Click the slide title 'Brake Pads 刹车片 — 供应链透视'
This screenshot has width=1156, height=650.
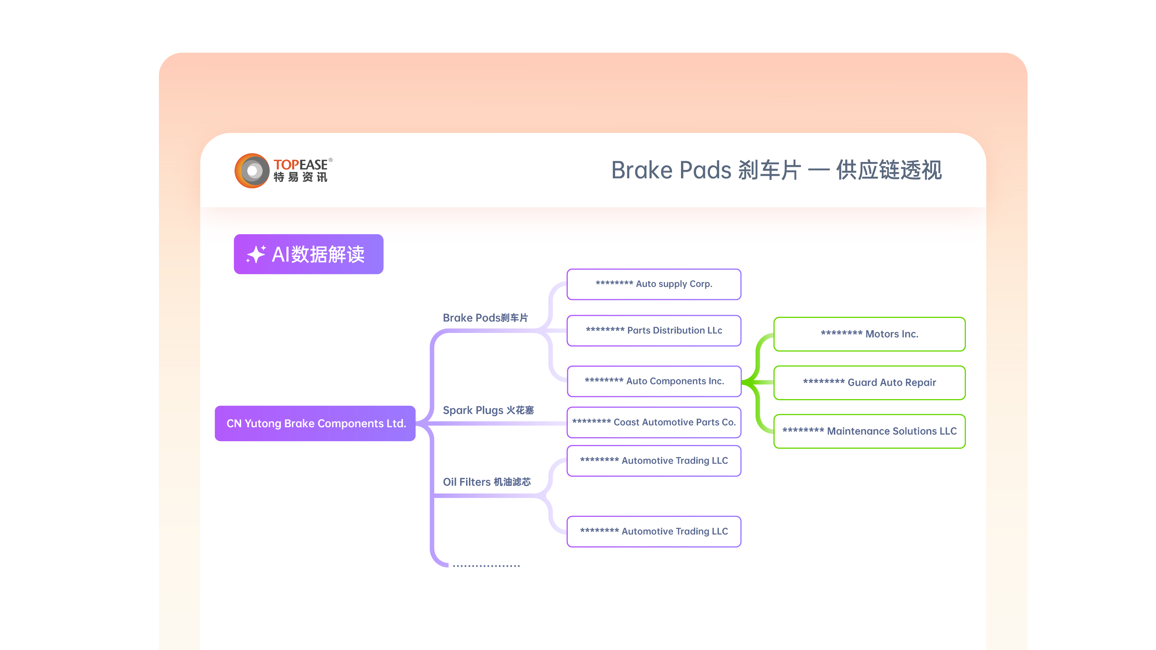coord(776,170)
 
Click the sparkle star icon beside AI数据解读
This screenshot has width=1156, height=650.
coord(256,254)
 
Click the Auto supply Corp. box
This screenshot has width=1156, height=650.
coord(654,284)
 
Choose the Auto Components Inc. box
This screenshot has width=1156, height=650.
coord(654,381)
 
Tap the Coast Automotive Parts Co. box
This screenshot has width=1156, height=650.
coord(654,422)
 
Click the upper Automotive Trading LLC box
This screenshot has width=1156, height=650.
coord(654,461)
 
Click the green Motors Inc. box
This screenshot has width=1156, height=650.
coord(870,334)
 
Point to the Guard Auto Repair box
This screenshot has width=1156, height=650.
coord(870,383)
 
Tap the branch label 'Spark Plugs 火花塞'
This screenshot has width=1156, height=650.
coord(488,410)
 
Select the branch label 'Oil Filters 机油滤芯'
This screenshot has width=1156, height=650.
coord(487,482)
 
